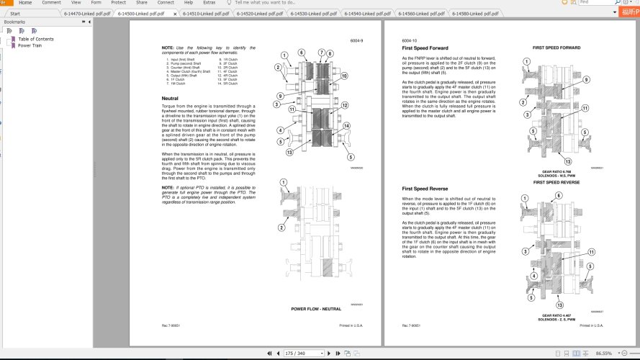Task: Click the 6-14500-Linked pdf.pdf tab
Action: tap(140, 13)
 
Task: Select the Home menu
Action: tap(24, 3)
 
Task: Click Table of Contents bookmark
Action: tap(36, 39)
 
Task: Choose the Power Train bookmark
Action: tap(30, 45)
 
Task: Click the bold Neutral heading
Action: tap(170, 98)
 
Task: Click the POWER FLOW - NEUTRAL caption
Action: tap(316, 309)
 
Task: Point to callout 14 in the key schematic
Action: tap(346, 126)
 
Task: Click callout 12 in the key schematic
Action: tap(345, 105)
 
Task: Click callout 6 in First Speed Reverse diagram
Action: tap(523, 207)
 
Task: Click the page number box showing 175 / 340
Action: tap(295, 354)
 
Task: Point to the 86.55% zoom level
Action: tap(603, 354)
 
